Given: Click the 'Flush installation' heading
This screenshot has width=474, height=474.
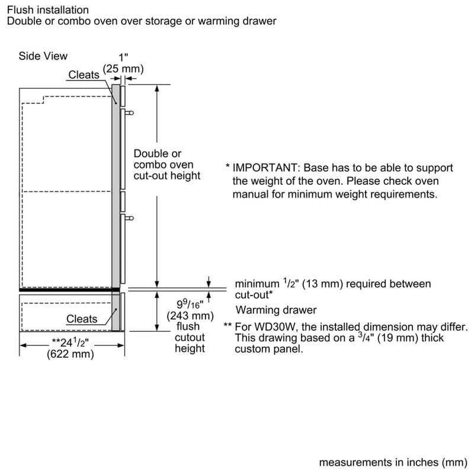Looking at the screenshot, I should click(x=48, y=10).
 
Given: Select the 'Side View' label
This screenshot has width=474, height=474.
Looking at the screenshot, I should click(x=43, y=56).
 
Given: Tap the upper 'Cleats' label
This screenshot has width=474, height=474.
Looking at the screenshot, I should click(x=84, y=75).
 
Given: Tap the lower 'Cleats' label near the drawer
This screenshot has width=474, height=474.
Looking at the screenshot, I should click(x=82, y=319).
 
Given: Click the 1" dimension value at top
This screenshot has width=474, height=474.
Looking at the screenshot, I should click(x=124, y=57).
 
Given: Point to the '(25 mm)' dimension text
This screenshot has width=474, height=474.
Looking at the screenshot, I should click(x=124, y=69).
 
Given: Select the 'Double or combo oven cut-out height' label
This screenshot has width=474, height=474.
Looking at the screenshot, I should click(x=167, y=164).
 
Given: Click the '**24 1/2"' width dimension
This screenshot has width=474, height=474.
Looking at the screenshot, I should click(x=71, y=342).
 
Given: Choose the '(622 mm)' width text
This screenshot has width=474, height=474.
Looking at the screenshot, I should click(x=71, y=354).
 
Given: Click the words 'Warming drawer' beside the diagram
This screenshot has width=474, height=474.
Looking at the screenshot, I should click(x=276, y=310).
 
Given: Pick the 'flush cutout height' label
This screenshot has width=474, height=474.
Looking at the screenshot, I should click(x=190, y=337).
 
